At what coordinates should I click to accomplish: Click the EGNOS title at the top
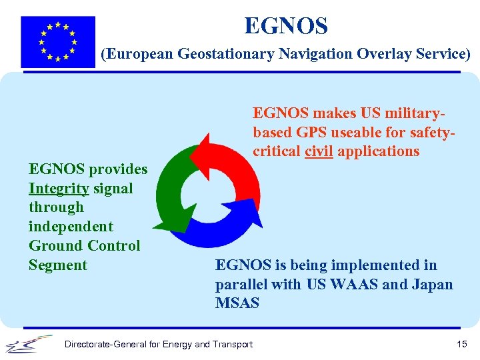click(286, 26)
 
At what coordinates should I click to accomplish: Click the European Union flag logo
click(58, 41)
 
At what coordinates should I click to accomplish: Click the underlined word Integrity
click(59, 189)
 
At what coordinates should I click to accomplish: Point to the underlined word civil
click(319, 151)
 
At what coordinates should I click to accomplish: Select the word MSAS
click(237, 303)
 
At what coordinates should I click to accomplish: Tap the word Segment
click(58, 265)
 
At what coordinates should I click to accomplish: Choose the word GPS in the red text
click(312, 132)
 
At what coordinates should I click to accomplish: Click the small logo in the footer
click(29, 344)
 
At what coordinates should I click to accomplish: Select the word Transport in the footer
click(231, 344)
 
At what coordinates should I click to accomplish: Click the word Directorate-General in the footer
click(102, 344)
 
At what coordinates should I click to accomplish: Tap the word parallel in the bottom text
click(242, 285)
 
